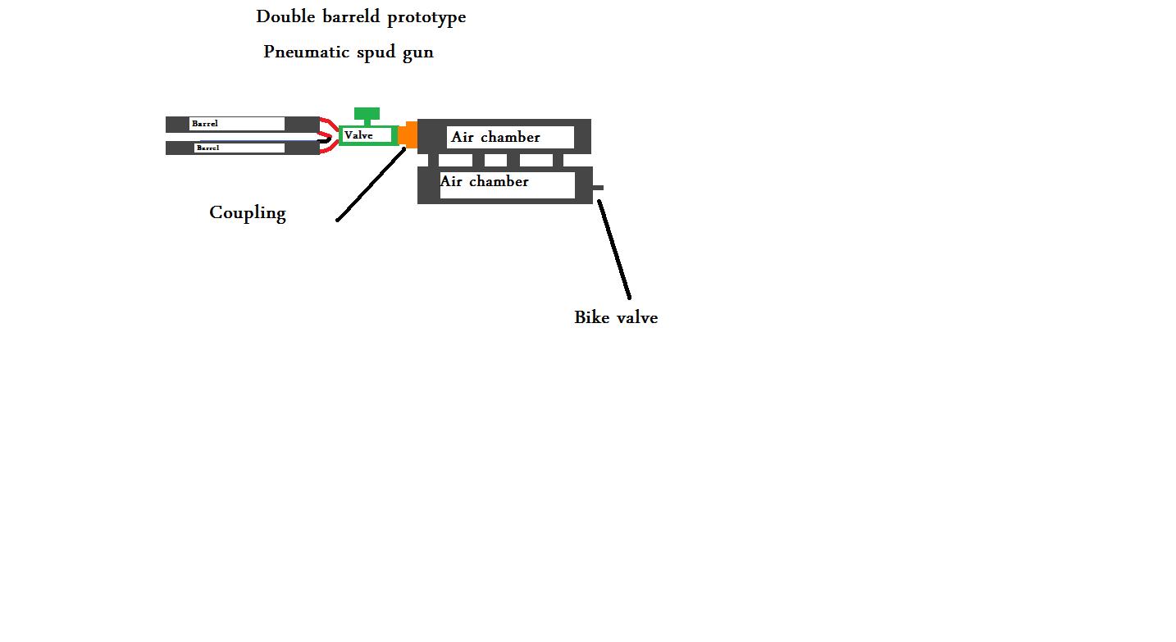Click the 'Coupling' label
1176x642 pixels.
point(248,213)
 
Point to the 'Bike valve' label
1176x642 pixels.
point(616,317)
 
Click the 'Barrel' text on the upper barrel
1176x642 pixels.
point(205,124)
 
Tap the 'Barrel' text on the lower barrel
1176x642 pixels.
point(207,148)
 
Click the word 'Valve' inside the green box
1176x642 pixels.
point(358,135)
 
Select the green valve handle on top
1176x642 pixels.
point(367,114)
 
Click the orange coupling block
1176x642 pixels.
point(408,134)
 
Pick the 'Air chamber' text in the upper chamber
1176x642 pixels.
point(495,137)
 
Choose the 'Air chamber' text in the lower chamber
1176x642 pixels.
point(484,181)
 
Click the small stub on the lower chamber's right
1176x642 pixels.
point(598,188)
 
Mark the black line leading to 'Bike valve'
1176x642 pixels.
point(614,250)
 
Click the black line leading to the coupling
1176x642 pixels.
point(371,184)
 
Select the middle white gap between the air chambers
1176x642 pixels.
point(495,161)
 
